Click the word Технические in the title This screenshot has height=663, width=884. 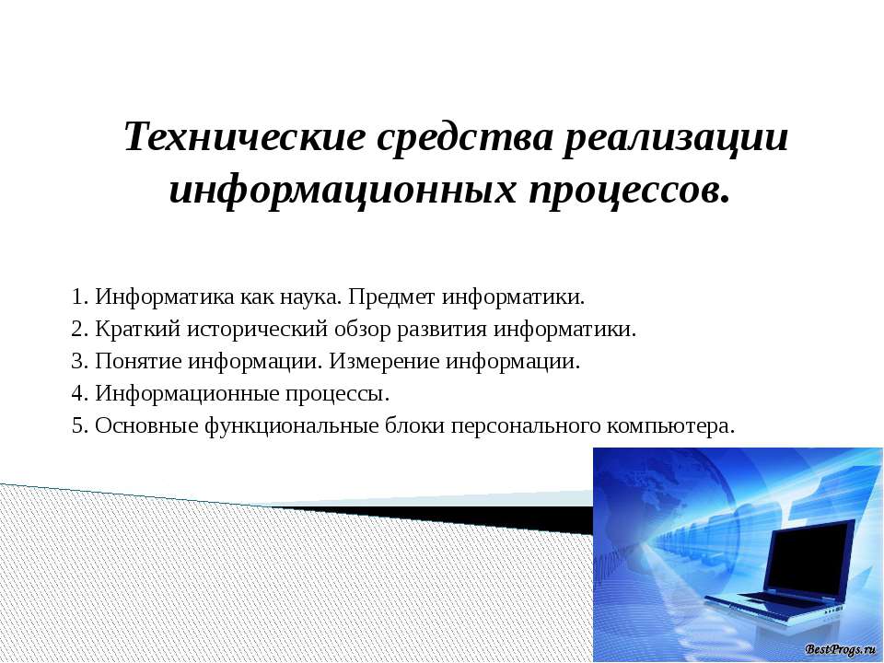click(x=245, y=139)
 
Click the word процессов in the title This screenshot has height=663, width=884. click(x=622, y=190)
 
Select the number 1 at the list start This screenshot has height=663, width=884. click(x=77, y=298)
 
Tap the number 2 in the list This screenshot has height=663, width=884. click(x=77, y=330)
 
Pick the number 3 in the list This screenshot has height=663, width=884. click(x=77, y=361)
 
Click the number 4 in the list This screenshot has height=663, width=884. click(x=77, y=393)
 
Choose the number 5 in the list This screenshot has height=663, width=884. click(x=77, y=425)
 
